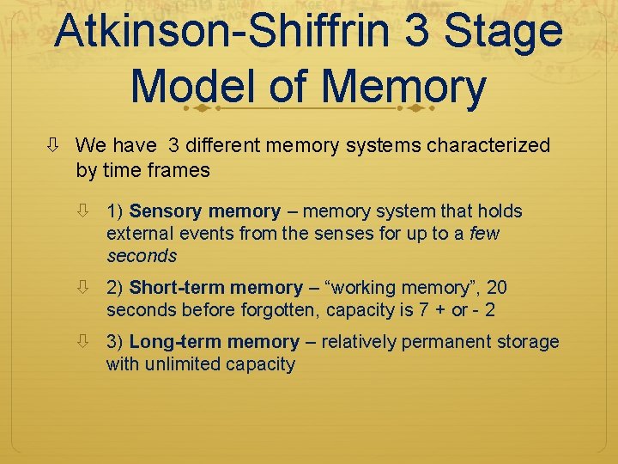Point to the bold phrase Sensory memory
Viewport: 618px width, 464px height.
(204, 211)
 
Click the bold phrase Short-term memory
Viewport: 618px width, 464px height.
(215, 288)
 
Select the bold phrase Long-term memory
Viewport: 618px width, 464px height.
(214, 342)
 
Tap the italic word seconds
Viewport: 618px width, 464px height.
(142, 255)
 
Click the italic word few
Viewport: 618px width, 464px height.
(485, 234)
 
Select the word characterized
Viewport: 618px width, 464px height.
(491, 146)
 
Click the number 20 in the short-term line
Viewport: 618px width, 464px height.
(496, 288)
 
